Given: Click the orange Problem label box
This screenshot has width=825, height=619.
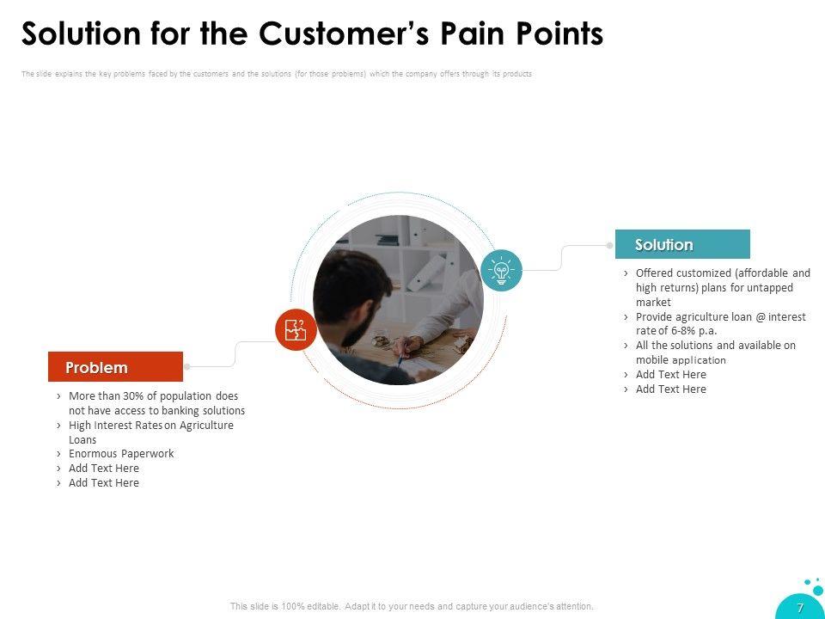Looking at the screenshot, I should tap(115, 367).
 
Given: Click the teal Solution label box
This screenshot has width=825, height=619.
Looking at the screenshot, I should tap(682, 245).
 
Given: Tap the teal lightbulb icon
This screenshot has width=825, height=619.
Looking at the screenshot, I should tap(502, 270).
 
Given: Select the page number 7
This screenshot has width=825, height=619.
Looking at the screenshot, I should tap(800, 607).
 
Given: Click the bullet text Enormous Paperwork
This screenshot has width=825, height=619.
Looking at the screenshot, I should tap(121, 453).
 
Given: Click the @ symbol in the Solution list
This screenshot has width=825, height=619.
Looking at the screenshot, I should tap(760, 316).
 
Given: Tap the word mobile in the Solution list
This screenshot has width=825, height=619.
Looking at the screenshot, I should tap(652, 360).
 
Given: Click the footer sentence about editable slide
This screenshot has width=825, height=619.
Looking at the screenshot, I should tap(412, 606).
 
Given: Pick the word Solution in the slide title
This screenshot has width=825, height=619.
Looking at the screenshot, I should tap(78, 34).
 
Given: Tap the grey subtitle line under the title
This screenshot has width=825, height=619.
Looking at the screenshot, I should tap(276, 74).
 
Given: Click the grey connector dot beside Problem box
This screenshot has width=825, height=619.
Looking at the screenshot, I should tap(187, 367).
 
